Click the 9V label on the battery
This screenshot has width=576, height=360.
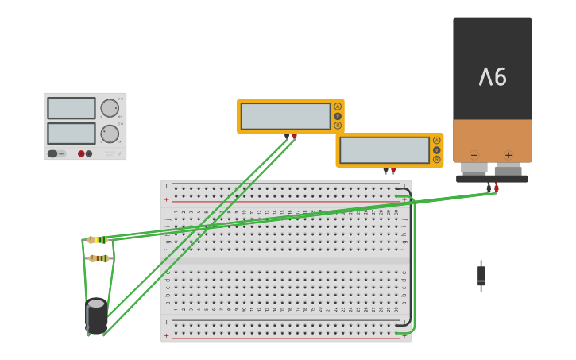click(493, 77)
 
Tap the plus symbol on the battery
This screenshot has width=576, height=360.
click(508, 155)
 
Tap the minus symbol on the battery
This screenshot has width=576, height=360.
click(474, 155)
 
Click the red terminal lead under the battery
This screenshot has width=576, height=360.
click(497, 188)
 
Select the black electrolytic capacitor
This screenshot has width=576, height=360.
click(97, 315)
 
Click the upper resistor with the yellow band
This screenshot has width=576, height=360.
click(98, 239)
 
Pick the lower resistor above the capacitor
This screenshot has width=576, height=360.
click(99, 258)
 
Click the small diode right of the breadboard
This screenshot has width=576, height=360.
click(481, 276)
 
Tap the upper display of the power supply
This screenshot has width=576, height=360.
click(71, 108)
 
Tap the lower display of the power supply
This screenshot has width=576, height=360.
click(71, 133)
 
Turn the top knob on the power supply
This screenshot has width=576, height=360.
click(109, 108)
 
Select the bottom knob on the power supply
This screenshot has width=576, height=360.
click(109, 134)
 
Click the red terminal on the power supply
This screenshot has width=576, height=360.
click(81, 153)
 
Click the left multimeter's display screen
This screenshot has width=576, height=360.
click(285, 116)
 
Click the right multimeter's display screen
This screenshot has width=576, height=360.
click(384, 150)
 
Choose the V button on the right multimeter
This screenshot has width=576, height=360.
click(436, 150)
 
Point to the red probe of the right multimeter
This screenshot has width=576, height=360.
click(393, 170)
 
